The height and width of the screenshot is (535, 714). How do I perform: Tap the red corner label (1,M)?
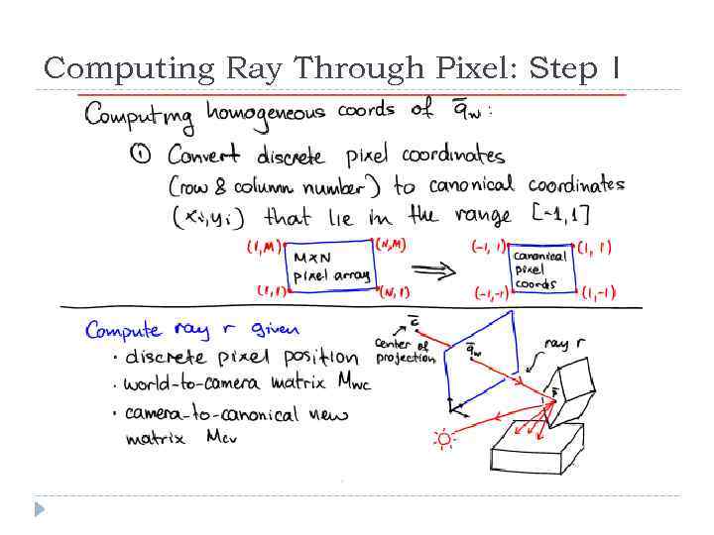click(x=264, y=246)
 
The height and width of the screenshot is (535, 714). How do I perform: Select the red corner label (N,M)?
click(x=388, y=244)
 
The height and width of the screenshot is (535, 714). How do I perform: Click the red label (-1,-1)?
click(x=494, y=294)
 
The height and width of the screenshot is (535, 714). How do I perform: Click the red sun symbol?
click(x=443, y=439)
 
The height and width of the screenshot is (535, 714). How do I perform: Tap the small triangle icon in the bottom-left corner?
click(x=39, y=509)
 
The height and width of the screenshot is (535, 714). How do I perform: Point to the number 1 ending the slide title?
click(x=616, y=69)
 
